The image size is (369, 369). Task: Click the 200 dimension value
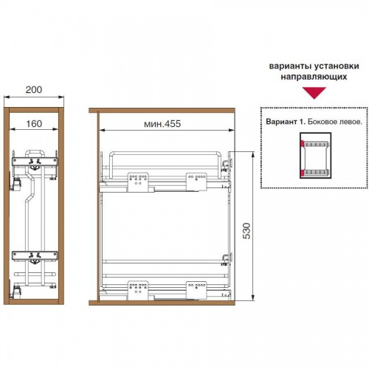pyautogui.click(x=34, y=90)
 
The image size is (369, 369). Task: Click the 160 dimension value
pyautogui.click(x=34, y=124)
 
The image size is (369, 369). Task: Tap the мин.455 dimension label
pyautogui.click(x=162, y=124)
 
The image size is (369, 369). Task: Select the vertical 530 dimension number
pyautogui.click(x=246, y=231)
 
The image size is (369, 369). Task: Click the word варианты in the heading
pyautogui.click(x=290, y=66)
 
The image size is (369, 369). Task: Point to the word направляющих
pyautogui.click(x=314, y=77)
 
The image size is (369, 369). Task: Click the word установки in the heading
pyautogui.click(x=337, y=66)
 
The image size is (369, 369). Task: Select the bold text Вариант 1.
pyautogui.click(x=286, y=122)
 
